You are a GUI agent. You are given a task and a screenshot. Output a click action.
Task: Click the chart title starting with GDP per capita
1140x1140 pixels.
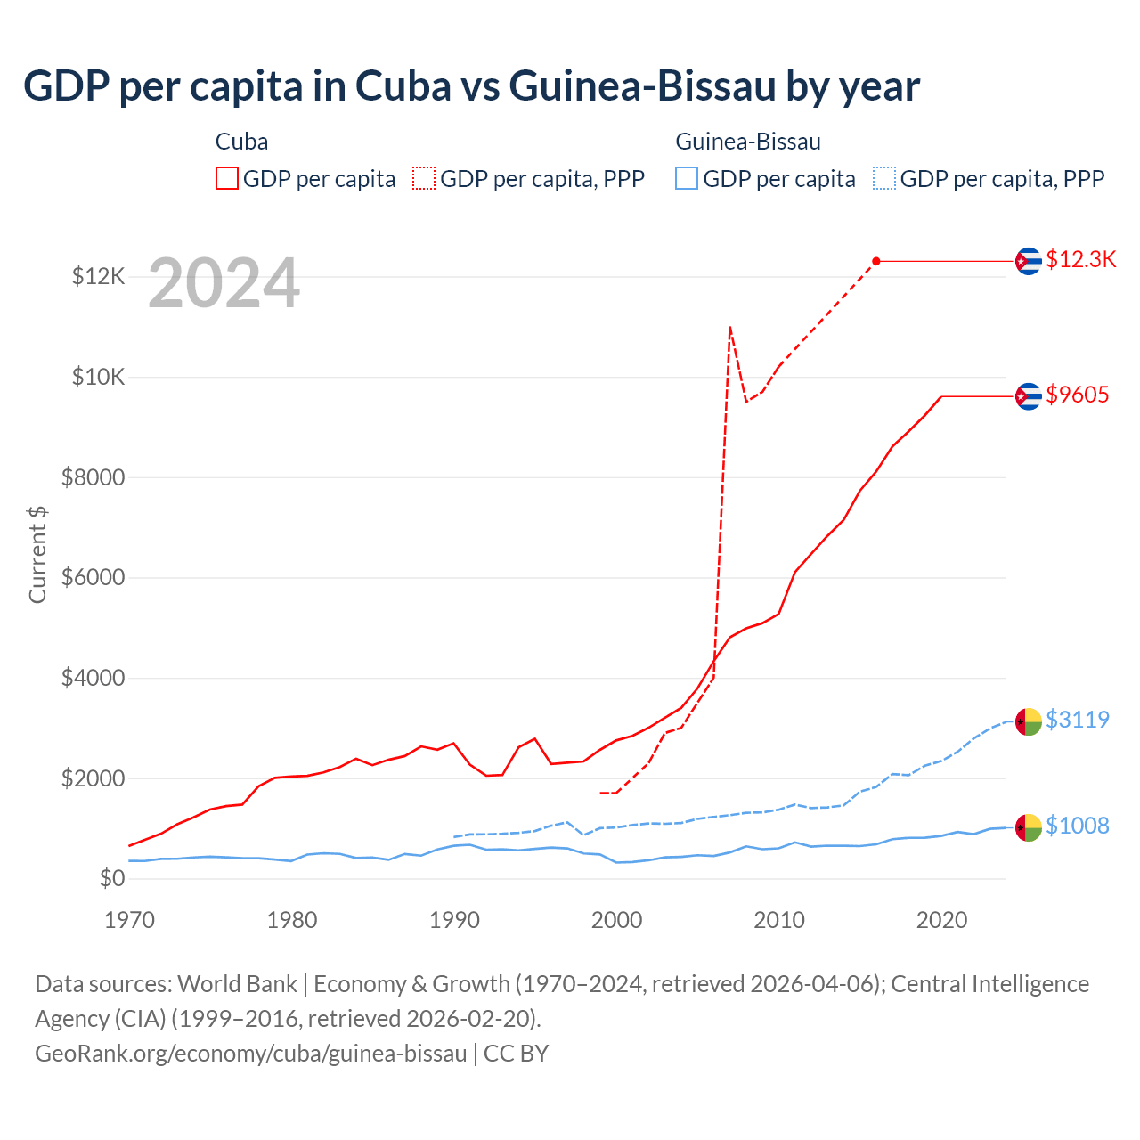coord(471,86)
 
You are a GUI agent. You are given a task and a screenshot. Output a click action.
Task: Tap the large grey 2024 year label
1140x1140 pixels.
coord(224,284)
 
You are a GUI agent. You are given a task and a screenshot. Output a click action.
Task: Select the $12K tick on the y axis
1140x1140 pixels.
coord(98,277)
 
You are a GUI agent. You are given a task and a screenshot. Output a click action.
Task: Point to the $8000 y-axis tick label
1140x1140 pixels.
coord(93,478)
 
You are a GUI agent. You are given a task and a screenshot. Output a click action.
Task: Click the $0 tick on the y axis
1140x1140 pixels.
coord(111,879)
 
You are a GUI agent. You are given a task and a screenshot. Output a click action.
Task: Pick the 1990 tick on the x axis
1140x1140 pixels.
coord(454,920)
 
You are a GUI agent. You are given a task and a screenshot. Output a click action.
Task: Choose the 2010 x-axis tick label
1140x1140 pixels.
coord(779,920)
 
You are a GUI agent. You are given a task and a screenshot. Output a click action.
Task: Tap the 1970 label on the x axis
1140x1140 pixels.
coord(130,920)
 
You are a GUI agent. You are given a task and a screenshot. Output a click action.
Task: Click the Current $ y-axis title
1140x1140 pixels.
coord(37,554)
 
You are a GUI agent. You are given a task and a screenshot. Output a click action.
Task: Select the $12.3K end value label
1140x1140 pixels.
coord(1080,259)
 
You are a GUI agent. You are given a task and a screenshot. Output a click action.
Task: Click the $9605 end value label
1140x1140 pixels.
coord(1077,395)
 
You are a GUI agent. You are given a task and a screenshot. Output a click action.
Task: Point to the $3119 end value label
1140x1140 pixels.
coord(1077,720)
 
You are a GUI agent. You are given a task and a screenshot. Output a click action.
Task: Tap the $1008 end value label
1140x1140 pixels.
coord(1077,826)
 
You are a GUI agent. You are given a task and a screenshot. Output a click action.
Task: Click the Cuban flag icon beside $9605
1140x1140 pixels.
coord(1029,395)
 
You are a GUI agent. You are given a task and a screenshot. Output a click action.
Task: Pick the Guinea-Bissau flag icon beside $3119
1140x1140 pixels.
coord(1029,721)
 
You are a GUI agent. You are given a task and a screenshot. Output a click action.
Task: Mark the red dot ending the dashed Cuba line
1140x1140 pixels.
coord(876,261)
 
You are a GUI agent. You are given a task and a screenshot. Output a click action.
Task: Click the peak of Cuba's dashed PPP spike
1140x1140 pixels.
coord(730,328)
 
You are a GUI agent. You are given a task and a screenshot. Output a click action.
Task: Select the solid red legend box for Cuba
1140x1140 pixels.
coord(227,178)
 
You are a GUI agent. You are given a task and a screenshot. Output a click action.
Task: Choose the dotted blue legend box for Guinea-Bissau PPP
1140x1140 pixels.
coord(884,178)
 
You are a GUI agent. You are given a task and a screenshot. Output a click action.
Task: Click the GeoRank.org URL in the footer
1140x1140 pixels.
coord(251,1054)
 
